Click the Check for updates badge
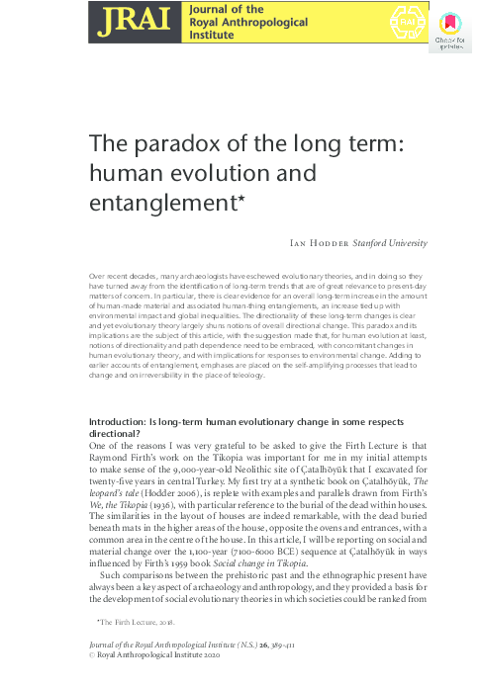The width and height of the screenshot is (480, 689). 448,28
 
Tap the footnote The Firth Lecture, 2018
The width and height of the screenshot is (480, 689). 136,622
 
